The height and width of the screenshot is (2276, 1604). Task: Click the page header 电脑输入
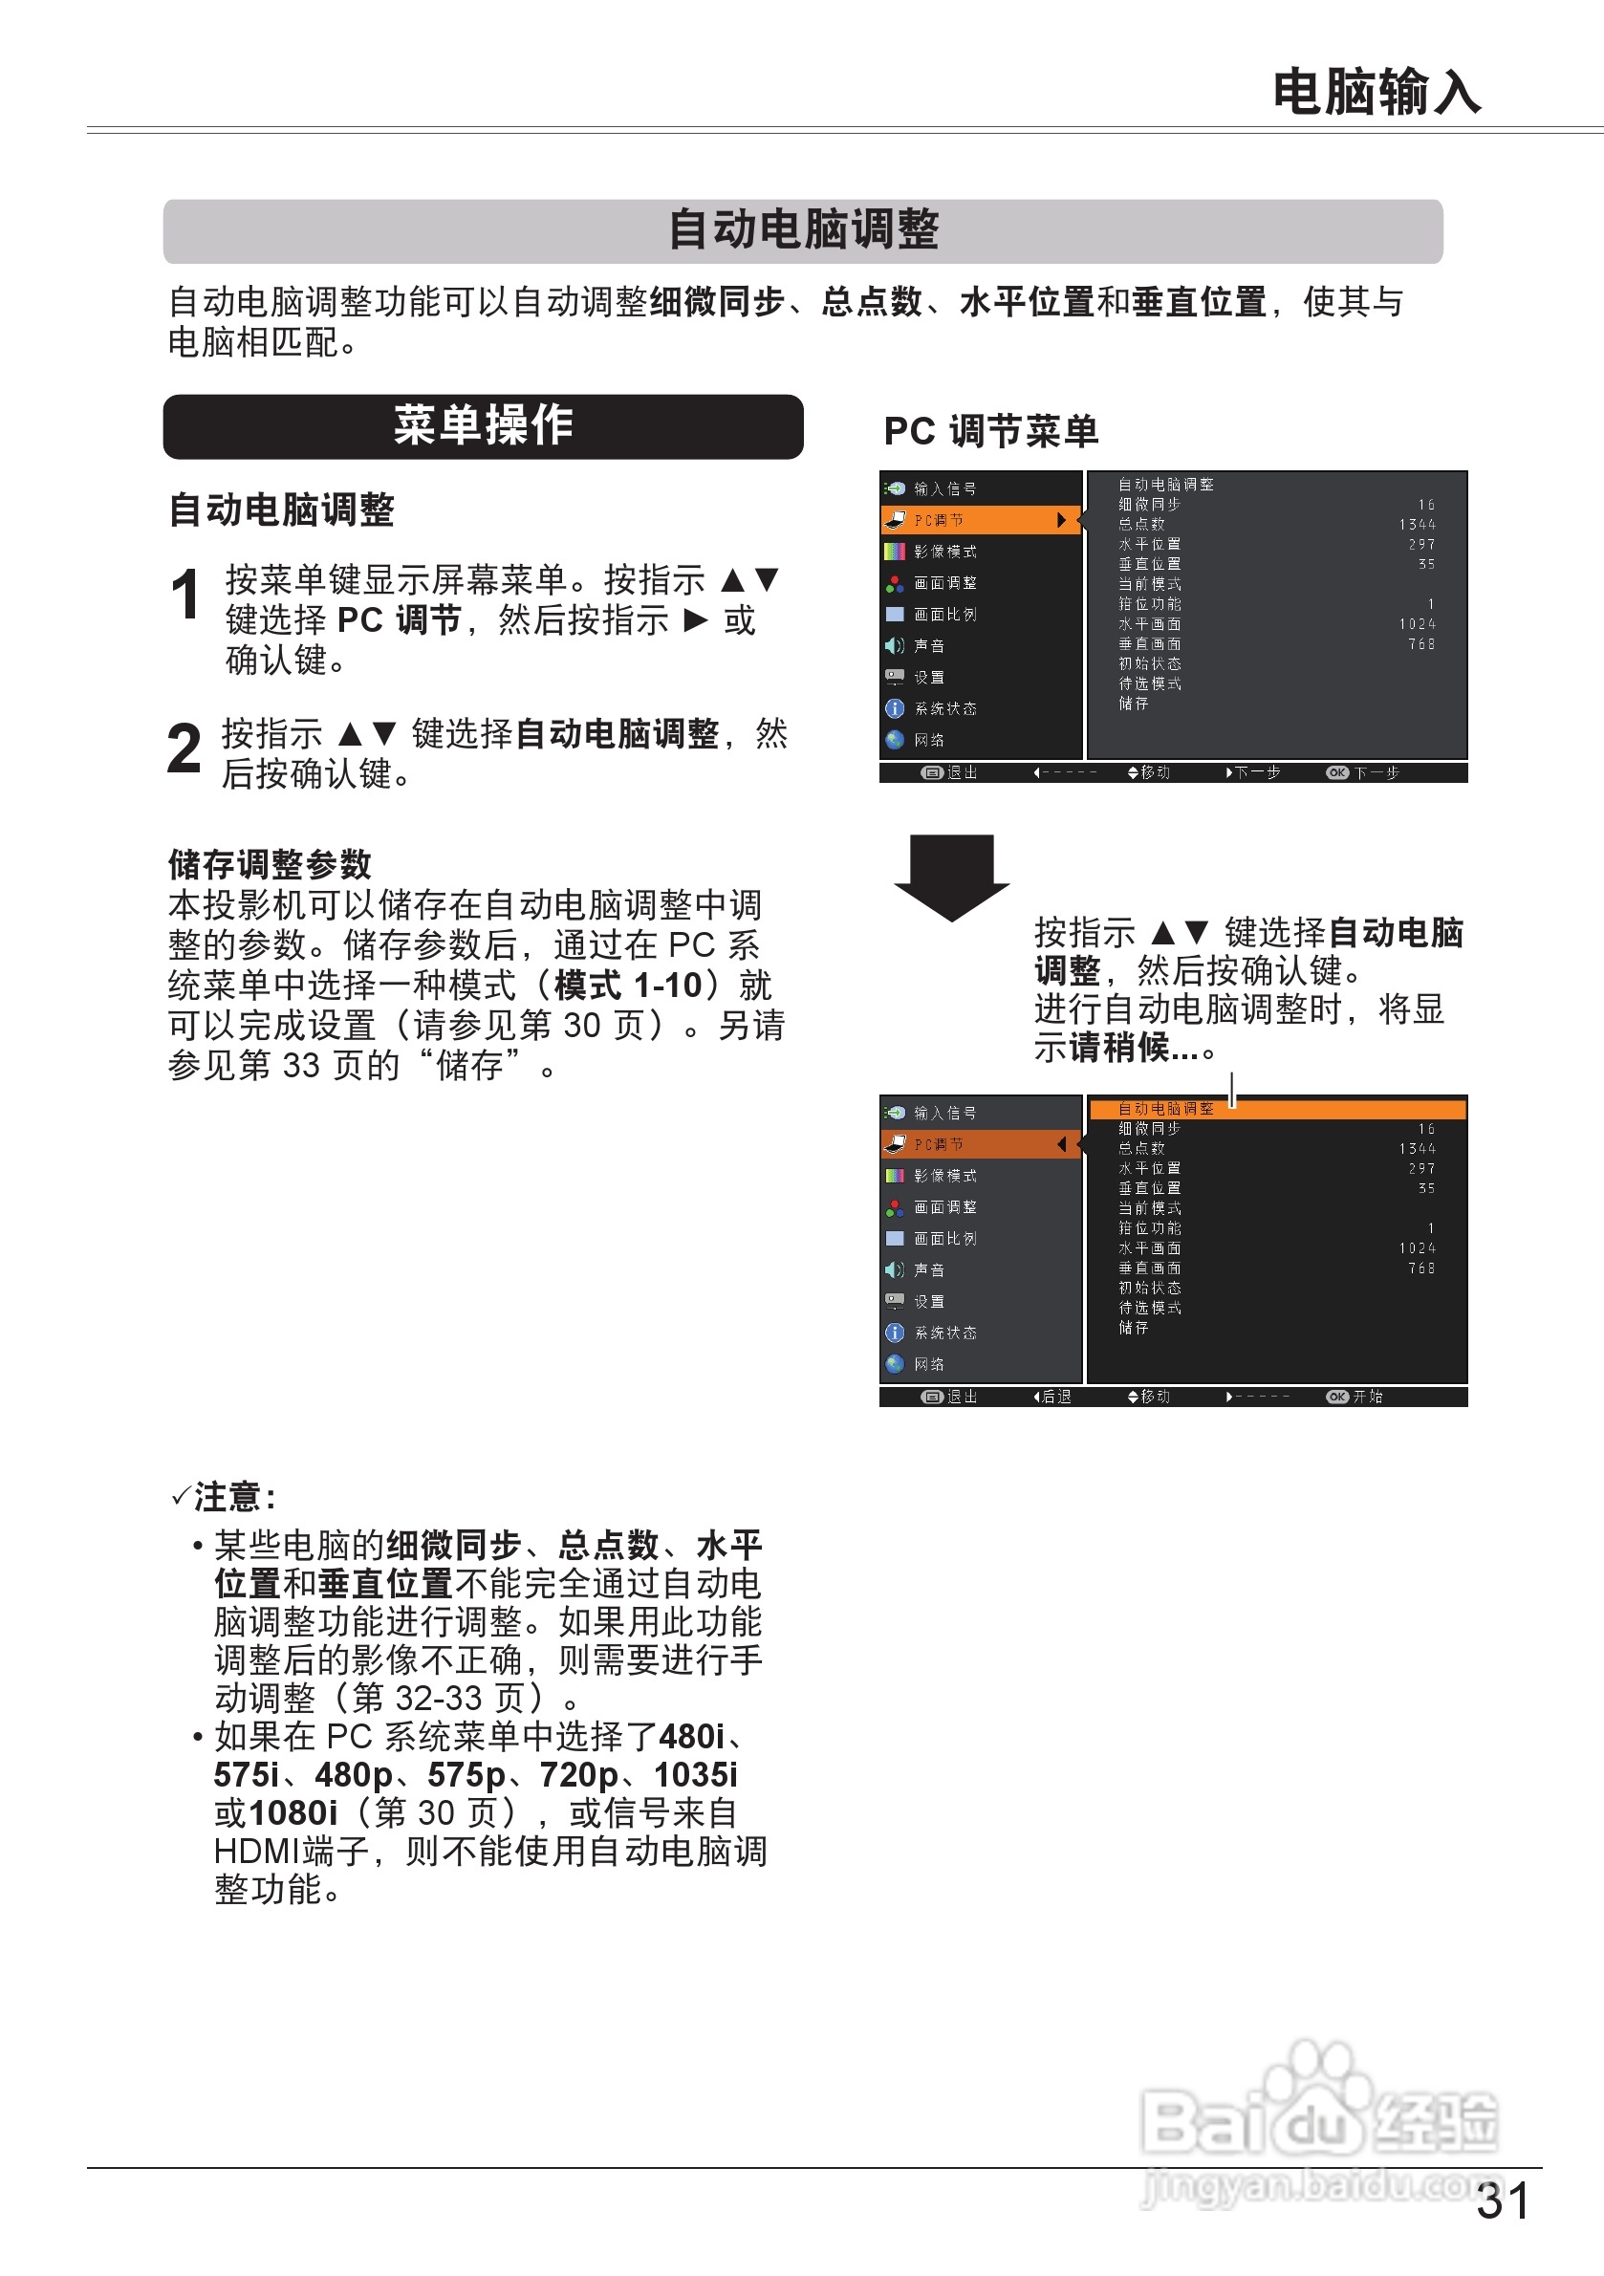1375,92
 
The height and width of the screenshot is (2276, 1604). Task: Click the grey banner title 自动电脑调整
802,230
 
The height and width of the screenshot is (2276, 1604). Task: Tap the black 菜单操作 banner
483,426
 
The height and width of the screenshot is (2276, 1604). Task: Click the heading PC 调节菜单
990,431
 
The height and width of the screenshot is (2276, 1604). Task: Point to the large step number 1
185,596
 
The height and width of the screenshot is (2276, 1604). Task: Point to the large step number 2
184,749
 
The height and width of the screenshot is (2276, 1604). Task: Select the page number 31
1502,2201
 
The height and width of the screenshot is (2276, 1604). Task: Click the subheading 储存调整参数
270,864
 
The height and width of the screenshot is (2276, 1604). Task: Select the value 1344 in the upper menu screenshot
1417,525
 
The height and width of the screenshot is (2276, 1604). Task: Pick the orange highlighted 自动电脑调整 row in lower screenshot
1277,1109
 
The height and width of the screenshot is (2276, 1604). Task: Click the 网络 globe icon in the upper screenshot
894,740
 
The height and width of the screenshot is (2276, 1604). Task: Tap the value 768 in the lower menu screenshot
1420,1268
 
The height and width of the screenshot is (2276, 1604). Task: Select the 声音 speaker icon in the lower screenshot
894,1269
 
